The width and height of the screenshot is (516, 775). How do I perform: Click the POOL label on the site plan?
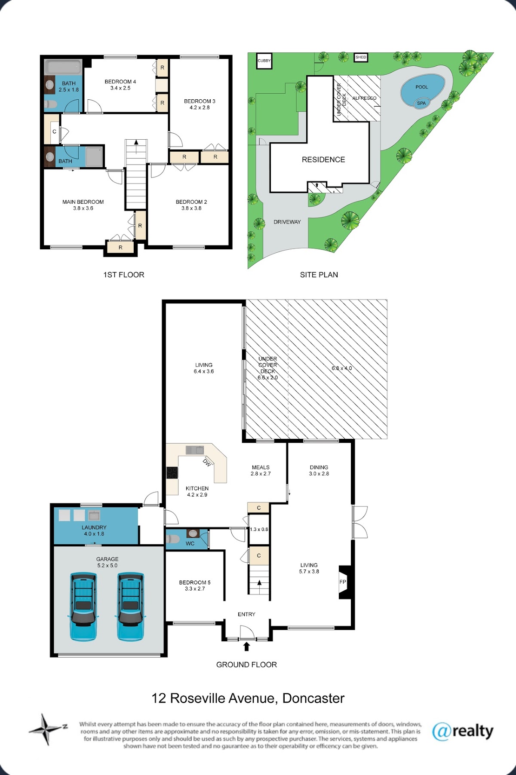[421, 87]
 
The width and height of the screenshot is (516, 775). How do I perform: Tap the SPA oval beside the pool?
[421, 103]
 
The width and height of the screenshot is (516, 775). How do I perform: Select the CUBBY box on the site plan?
[264, 61]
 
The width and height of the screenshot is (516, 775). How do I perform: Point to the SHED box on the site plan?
[361, 57]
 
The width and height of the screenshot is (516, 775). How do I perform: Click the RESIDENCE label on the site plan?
[323, 159]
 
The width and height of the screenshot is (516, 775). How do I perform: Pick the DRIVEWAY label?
[287, 222]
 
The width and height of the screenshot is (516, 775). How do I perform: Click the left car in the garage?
[83, 607]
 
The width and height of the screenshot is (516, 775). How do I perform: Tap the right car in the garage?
[130, 607]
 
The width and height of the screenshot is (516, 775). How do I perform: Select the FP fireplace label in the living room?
[343, 582]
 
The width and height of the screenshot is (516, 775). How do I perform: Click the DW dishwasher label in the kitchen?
[207, 463]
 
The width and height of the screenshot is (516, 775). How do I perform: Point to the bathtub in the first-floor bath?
[63, 67]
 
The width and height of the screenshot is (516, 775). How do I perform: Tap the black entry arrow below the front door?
[246, 646]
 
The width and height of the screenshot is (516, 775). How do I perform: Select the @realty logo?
[463, 731]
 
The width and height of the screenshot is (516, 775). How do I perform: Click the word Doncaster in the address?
[313, 698]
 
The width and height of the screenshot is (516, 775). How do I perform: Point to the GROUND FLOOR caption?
[246, 665]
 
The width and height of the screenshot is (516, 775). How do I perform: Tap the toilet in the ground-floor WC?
[173, 539]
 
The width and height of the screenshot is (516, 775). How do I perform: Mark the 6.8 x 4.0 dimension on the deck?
[342, 368]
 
